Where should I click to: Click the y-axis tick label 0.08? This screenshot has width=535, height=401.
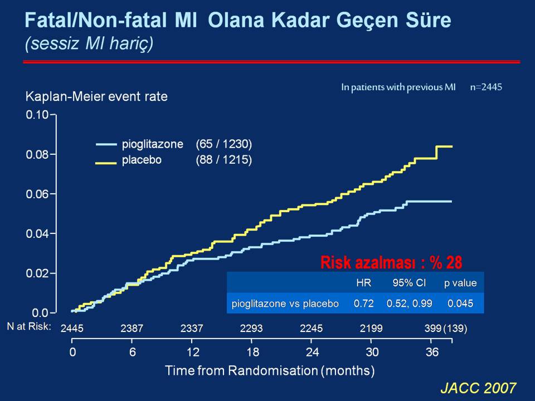click(37, 154)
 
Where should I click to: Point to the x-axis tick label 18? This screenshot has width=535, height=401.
click(253, 352)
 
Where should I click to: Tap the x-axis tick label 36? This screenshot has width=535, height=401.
click(432, 352)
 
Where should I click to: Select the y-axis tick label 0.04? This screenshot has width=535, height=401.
click(37, 234)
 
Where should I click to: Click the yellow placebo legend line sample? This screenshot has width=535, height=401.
click(106, 163)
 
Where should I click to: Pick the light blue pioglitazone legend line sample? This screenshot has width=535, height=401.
click(106, 144)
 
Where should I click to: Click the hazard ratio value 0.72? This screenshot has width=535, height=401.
click(364, 303)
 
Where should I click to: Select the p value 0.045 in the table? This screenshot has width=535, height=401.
click(460, 303)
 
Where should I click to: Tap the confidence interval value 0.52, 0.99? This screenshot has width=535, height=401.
click(410, 303)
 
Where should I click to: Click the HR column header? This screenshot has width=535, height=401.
click(364, 283)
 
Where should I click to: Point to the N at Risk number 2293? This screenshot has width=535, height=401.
click(251, 328)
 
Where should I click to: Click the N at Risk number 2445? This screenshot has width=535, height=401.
click(72, 328)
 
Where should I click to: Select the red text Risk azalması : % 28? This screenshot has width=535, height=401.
click(391, 262)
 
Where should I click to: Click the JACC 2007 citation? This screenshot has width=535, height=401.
click(478, 388)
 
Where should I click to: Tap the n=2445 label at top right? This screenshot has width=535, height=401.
click(486, 87)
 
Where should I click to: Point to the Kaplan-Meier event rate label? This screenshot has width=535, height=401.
click(96, 96)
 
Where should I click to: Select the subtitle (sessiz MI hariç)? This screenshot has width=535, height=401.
click(89, 43)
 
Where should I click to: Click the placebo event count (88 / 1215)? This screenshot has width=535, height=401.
click(224, 160)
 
